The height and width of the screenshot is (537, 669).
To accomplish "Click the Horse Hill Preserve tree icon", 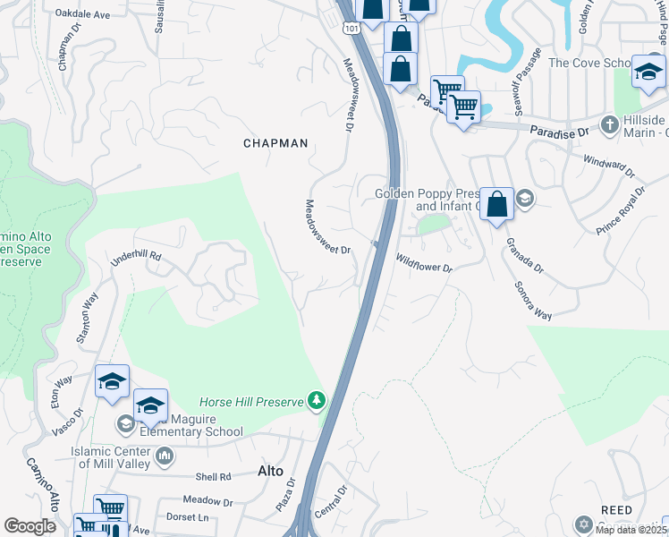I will click(316, 401).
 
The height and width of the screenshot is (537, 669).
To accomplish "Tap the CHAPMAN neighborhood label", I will click(275, 143).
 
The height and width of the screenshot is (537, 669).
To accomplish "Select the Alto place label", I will click(270, 471).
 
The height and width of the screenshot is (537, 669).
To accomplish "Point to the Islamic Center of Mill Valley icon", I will click(164, 457).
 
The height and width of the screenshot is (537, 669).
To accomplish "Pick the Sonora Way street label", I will click(532, 299).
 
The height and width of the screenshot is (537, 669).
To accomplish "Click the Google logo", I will click(30, 526).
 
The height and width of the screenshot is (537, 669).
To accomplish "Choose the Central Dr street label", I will click(331, 505).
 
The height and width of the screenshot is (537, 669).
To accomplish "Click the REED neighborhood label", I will click(617, 509).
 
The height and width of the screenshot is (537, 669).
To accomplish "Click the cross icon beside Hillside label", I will click(609, 124).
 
